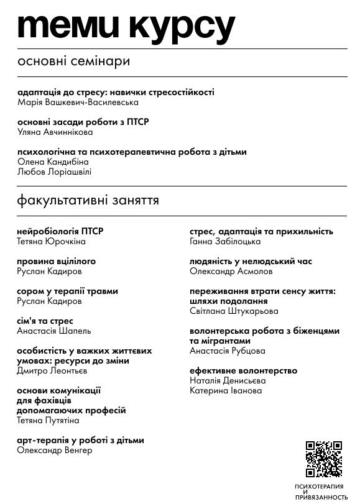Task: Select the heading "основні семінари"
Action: (74, 62)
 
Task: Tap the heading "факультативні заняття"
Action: (88, 201)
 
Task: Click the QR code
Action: (323, 459)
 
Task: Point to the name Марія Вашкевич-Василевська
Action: (78, 103)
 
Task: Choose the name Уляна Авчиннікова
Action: (55, 132)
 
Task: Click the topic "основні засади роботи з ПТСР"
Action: (83, 122)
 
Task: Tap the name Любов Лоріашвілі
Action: (54, 172)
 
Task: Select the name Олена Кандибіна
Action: (53, 162)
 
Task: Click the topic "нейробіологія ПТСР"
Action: (60, 232)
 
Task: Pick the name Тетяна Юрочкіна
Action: (51, 242)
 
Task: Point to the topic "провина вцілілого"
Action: (57, 262)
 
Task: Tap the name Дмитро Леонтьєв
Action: (52, 371)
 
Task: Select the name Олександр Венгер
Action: (55, 451)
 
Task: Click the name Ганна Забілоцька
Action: (225, 242)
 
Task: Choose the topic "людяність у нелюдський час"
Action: (251, 262)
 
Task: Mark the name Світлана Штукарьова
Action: (234, 311)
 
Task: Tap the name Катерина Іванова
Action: (226, 391)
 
